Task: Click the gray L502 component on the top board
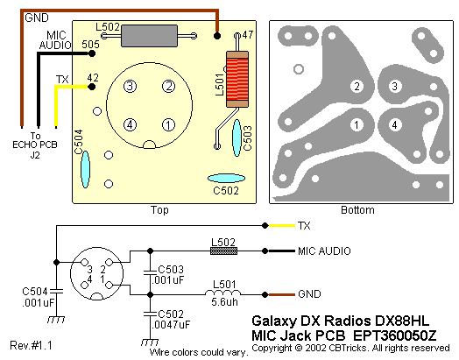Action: (149, 36)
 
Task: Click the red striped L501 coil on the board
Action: (237, 80)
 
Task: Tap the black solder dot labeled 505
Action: (92, 53)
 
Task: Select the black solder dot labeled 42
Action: (92, 87)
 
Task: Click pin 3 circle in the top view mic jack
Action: (130, 87)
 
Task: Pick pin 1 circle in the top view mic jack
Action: (168, 125)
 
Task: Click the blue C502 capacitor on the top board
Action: (226, 178)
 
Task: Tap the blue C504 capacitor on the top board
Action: (85, 169)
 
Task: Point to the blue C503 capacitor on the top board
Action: (237, 138)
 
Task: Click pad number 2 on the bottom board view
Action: (357, 87)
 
